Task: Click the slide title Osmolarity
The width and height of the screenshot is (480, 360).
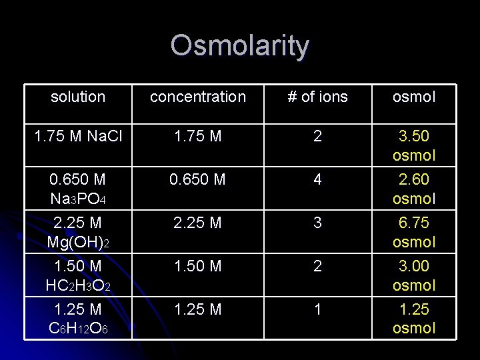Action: tap(239, 46)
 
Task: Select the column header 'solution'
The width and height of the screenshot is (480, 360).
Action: tap(78, 97)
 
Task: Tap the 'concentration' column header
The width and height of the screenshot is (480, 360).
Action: tap(197, 97)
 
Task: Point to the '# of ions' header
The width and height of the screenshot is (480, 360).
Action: tap(317, 97)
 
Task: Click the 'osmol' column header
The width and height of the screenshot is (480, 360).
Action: tap(414, 97)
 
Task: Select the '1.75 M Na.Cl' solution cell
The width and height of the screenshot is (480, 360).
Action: tap(78, 137)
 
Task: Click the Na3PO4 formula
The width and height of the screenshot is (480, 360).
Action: tap(78, 199)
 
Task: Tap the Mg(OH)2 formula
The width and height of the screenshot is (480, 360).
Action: tap(78, 242)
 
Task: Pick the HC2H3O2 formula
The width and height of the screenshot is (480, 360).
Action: tap(78, 285)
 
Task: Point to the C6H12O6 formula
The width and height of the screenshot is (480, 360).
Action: tap(78, 328)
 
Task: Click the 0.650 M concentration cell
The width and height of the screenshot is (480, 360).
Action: tap(197, 180)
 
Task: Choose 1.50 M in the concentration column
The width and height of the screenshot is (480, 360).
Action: tap(197, 267)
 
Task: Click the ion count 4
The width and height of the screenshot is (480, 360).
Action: tap(317, 180)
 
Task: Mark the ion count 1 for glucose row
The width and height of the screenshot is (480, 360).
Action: tap(317, 309)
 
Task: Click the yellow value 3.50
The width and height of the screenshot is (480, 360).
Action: tap(414, 137)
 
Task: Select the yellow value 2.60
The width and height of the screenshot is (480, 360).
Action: tap(414, 180)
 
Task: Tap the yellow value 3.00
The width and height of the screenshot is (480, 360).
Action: tap(414, 267)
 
